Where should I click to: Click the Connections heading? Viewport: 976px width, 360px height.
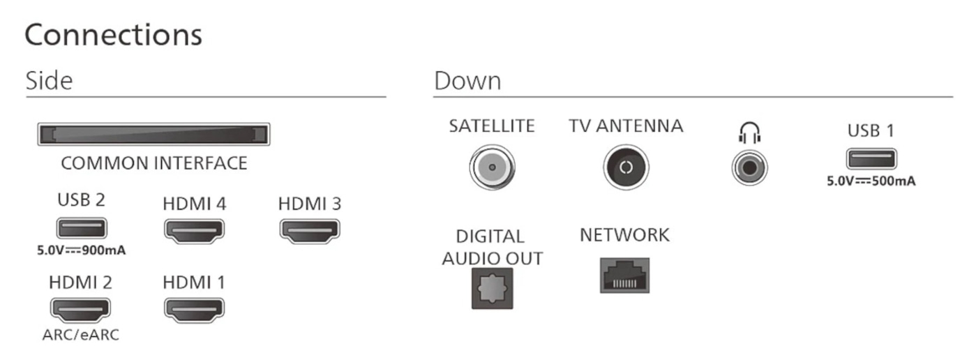click(x=114, y=35)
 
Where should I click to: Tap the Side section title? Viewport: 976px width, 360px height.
click(x=49, y=81)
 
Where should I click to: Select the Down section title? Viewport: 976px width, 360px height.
click(x=467, y=81)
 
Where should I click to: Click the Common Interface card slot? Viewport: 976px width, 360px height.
click(x=153, y=133)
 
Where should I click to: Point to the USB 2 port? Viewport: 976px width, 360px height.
click(x=82, y=228)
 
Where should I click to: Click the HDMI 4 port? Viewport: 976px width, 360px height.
click(x=194, y=230)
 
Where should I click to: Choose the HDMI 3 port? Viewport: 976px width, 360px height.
click(x=309, y=230)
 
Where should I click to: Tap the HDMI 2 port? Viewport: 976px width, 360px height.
click(x=80, y=308)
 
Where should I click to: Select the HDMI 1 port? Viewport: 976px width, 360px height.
click(x=194, y=308)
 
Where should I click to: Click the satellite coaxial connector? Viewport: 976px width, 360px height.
click(x=492, y=167)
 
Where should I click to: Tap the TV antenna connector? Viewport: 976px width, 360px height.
click(x=626, y=167)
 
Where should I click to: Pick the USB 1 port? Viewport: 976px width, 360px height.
click(x=871, y=159)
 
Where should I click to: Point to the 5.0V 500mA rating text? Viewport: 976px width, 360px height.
click(x=871, y=181)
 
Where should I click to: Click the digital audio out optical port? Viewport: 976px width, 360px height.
click(x=492, y=287)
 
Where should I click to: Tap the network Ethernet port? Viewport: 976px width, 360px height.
click(x=624, y=275)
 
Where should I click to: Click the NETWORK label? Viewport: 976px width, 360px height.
click(x=624, y=236)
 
